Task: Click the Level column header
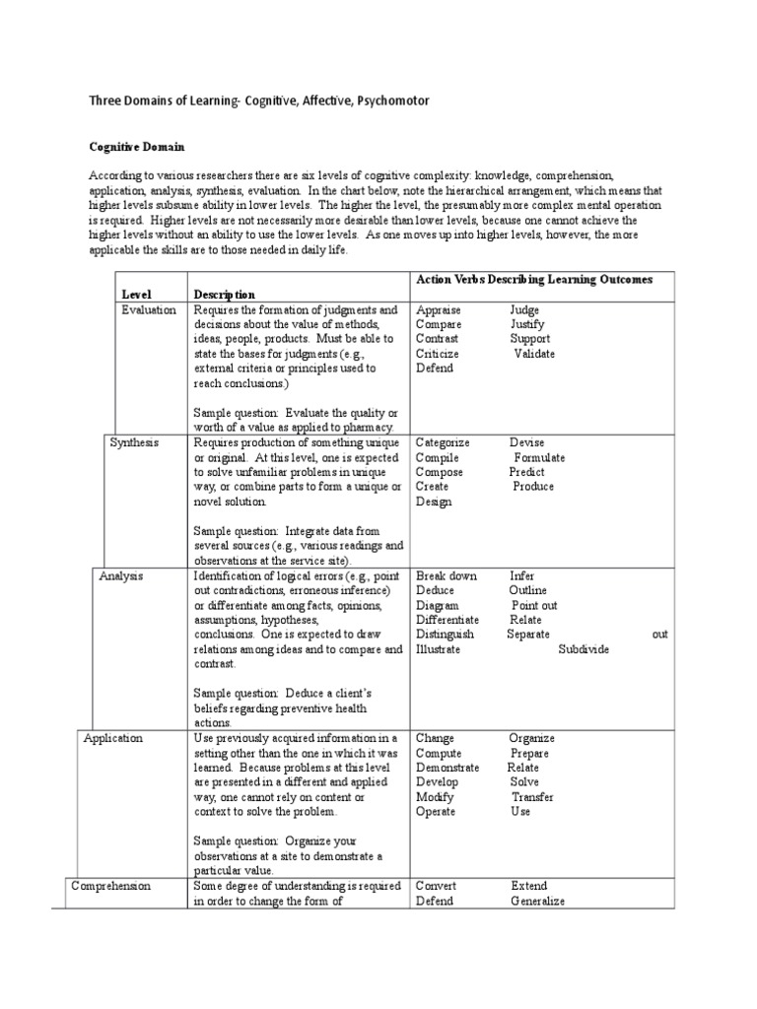(137, 294)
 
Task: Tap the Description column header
(224, 294)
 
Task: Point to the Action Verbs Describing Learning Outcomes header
(534, 280)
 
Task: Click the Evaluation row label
(149, 309)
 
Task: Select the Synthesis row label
(133, 442)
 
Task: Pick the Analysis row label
(121, 575)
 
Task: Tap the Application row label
(112, 738)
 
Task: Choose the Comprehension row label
(110, 886)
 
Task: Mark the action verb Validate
(534, 354)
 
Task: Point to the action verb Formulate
(539, 457)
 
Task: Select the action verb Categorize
(443, 442)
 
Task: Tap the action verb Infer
(522, 575)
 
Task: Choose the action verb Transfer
(532, 797)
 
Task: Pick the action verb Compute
(438, 753)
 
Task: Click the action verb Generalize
(537, 901)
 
